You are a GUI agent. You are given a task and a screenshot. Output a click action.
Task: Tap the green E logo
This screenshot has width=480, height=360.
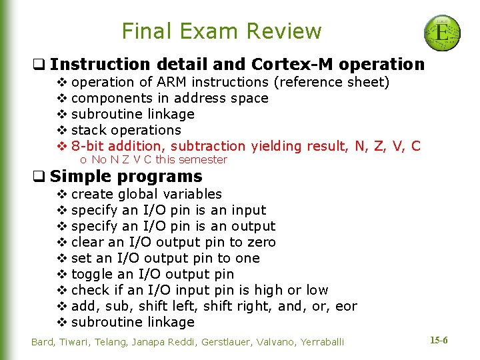[442, 32]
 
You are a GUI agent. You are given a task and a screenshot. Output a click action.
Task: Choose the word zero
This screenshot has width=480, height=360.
[261, 242]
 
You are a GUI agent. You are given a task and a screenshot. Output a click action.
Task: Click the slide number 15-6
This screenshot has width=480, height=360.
[439, 341]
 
